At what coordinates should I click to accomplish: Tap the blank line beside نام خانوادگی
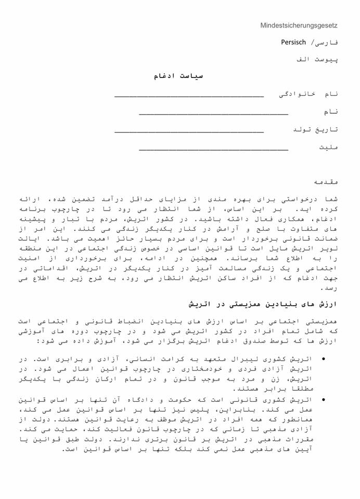point(189,97)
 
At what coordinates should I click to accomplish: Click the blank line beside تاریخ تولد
point(189,132)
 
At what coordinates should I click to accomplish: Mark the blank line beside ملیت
point(213,150)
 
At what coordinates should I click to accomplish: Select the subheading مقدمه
point(327,182)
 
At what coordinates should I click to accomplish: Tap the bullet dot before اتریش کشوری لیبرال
point(324,358)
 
